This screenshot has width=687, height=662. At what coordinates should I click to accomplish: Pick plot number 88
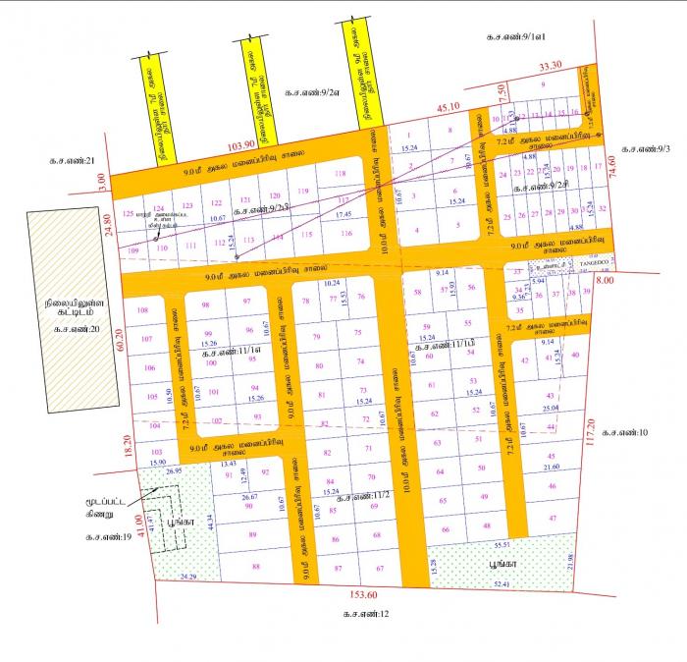click(x=257, y=567)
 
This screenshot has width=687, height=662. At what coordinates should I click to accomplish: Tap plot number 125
click(x=127, y=213)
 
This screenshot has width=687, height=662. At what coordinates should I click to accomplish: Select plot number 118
click(x=341, y=174)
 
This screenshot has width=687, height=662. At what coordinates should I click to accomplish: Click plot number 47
click(x=553, y=518)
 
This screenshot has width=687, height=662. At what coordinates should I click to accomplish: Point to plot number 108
click(x=143, y=310)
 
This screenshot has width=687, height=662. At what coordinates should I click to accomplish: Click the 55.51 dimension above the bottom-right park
click(x=503, y=544)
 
